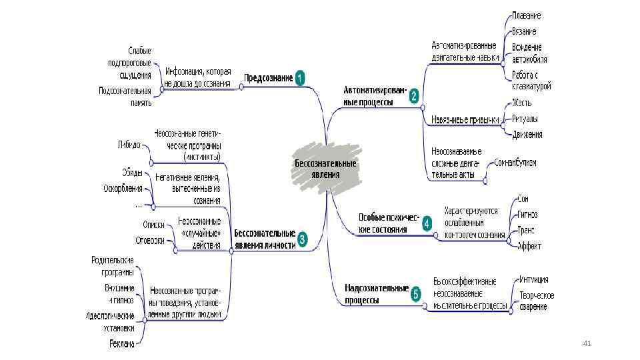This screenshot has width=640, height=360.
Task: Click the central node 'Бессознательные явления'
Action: click(x=325, y=168)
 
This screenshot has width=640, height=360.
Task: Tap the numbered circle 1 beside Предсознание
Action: click(x=300, y=77)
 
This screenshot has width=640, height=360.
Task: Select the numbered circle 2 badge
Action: click(x=414, y=96)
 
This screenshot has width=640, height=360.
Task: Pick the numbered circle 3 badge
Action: click(x=302, y=239)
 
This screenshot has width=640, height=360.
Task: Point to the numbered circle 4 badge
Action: click(x=427, y=223)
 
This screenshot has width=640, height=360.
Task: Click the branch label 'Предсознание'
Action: click(x=268, y=78)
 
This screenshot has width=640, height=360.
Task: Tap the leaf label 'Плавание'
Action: click(x=526, y=15)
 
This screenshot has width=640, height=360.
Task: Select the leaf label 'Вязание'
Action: click(x=524, y=31)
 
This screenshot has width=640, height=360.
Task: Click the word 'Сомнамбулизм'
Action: click(x=515, y=163)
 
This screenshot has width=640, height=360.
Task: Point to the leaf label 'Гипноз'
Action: click(x=527, y=214)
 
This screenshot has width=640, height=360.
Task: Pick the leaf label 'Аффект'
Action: click(x=529, y=246)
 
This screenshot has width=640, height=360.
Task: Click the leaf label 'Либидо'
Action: click(x=129, y=144)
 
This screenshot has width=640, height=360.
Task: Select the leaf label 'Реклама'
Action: click(x=122, y=344)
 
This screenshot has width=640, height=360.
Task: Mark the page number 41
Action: click(x=587, y=343)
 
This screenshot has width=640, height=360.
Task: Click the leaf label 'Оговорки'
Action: click(x=150, y=241)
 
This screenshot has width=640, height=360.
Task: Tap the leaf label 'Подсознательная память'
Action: click(x=125, y=96)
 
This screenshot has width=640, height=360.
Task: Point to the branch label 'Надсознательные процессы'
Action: click(x=376, y=294)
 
